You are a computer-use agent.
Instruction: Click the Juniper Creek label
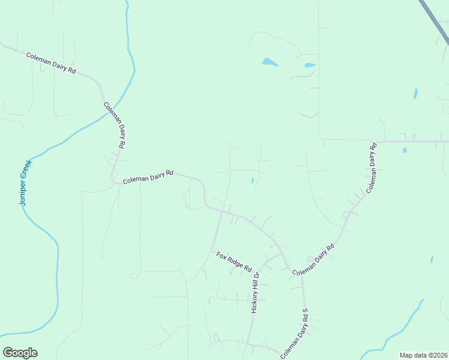click(25, 182)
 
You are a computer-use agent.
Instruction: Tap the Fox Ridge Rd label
click(234, 261)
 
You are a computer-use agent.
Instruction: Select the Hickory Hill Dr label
click(255, 293)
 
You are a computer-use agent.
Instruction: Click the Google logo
click(20, 353)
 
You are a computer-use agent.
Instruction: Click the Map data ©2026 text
click(423, 355)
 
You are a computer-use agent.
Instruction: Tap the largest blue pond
click(270, 62)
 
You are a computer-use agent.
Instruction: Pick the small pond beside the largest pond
click(310, 65)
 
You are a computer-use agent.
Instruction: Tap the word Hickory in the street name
click(254, 302)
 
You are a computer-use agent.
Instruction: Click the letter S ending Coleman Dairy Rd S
click(305, 312)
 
